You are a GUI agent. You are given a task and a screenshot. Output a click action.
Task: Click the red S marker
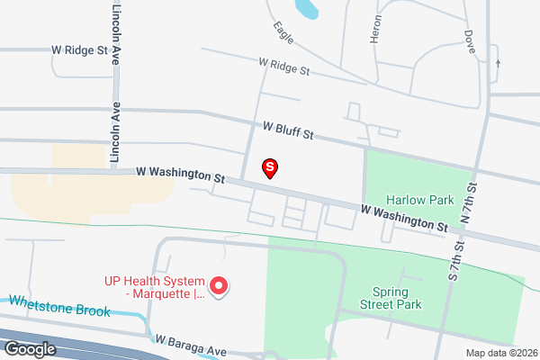point(269,167)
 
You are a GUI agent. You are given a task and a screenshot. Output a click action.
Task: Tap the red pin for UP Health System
point(219,287)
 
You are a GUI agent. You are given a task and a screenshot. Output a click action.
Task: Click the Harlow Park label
point(413,199)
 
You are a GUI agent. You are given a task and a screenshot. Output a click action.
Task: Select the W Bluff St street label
point(288,130)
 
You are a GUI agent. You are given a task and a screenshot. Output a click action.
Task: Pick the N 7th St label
point(467,201)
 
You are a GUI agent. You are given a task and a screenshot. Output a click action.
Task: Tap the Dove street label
point(470,41)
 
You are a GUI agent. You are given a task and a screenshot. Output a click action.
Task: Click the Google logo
point(30,349)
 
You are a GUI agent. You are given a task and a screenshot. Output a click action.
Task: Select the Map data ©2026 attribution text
point(499,352)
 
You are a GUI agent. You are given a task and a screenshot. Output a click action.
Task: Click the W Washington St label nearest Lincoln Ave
point(180,174)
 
